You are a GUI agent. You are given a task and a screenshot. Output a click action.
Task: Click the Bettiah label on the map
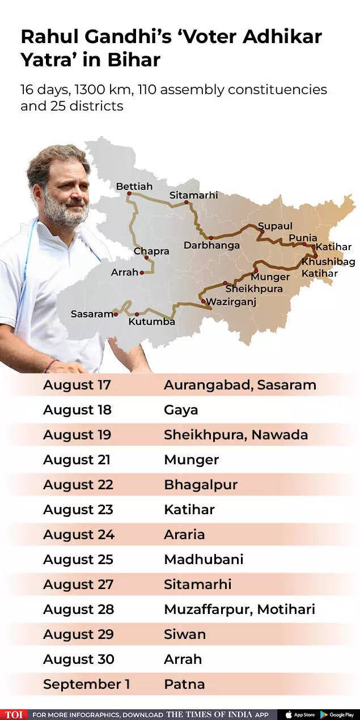coord(134,186)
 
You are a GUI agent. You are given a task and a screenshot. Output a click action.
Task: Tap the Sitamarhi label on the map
coord(193,195)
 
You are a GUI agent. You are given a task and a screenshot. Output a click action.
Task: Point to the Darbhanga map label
coord(211,245)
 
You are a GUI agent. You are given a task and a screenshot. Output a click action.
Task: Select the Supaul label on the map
coord(275,226)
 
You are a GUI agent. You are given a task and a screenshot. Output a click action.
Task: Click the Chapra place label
coord(151,251)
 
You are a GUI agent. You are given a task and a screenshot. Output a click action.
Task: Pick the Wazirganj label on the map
coord(231,302)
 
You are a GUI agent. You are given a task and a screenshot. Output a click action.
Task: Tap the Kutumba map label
coord(151,321)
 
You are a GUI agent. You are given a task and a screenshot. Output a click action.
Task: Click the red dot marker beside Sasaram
coord(116,314)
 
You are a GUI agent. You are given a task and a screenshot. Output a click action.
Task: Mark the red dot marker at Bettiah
coord(129,194)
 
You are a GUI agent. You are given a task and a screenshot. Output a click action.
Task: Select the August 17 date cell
coord(77,385)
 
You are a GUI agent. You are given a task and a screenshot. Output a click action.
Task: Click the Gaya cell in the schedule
coord(181,410)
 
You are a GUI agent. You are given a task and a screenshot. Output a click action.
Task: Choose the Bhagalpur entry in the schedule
coord(201,485)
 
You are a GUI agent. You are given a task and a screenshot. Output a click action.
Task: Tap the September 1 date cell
coord(87,684)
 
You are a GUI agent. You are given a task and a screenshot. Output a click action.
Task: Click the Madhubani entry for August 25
coord(204,560)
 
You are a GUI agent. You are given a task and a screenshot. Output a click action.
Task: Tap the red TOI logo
coord(13,714)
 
